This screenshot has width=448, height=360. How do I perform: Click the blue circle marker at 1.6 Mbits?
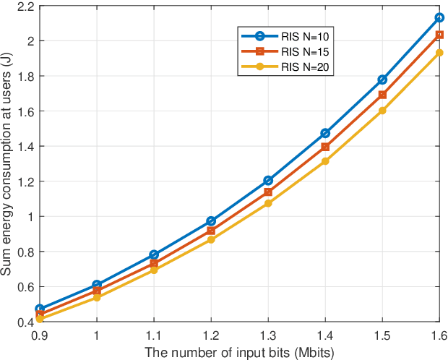[439, 17]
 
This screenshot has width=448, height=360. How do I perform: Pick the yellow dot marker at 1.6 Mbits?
[439, 53]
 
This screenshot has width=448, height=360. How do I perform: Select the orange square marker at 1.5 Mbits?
[382, 95]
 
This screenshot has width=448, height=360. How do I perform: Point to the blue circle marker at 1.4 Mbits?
[325, 133]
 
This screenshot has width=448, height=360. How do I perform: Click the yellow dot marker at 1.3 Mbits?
[268, 203]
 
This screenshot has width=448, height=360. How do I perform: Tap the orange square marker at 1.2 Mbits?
[211, 231]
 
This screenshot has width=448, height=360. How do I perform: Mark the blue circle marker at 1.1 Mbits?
[154, 254]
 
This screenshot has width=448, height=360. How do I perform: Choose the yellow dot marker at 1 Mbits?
[97, 298]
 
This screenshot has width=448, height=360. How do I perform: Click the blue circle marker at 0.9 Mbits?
[40, 309]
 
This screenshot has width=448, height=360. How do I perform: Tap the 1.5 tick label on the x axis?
[382, 335]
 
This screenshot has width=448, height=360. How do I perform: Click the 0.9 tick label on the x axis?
[40, 335]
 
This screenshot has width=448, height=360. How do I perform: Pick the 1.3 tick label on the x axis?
[268, 335]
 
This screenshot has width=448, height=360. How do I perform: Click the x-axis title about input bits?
[239, 351]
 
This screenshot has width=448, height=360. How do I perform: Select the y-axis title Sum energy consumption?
[7, 164]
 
